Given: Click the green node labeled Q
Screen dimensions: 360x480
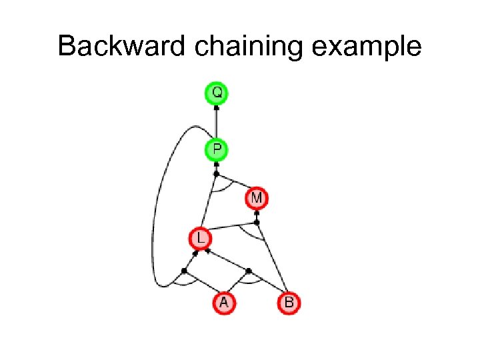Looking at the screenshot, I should tap(216, 93).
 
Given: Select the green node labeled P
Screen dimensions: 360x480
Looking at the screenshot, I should tap(216, 150).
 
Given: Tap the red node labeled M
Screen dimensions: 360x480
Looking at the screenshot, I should tap(257, 198).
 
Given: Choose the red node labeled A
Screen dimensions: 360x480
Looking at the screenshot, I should tap(224, 303).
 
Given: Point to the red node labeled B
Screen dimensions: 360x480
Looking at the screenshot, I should tap(289, 303).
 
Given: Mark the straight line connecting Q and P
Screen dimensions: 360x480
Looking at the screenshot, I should tap(216, 123).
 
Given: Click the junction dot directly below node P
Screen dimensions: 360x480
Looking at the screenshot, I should tap(216, 174).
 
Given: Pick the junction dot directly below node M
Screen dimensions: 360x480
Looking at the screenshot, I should tap(257, 222).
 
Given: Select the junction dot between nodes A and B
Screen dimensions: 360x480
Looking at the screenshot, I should tap(249, 271).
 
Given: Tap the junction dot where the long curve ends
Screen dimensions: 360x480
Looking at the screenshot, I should tap(184, 271).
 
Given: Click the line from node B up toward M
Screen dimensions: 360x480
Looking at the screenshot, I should tap(273, 260).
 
